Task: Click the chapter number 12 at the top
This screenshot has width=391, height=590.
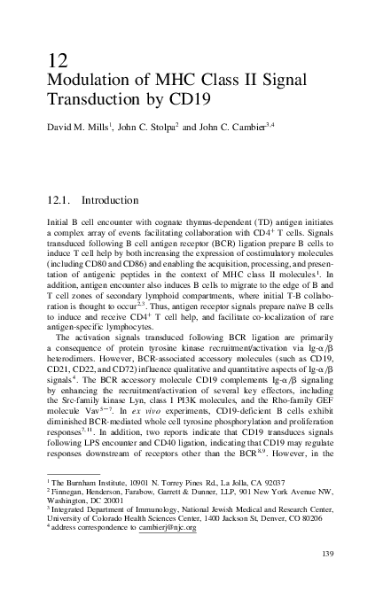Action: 56,62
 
